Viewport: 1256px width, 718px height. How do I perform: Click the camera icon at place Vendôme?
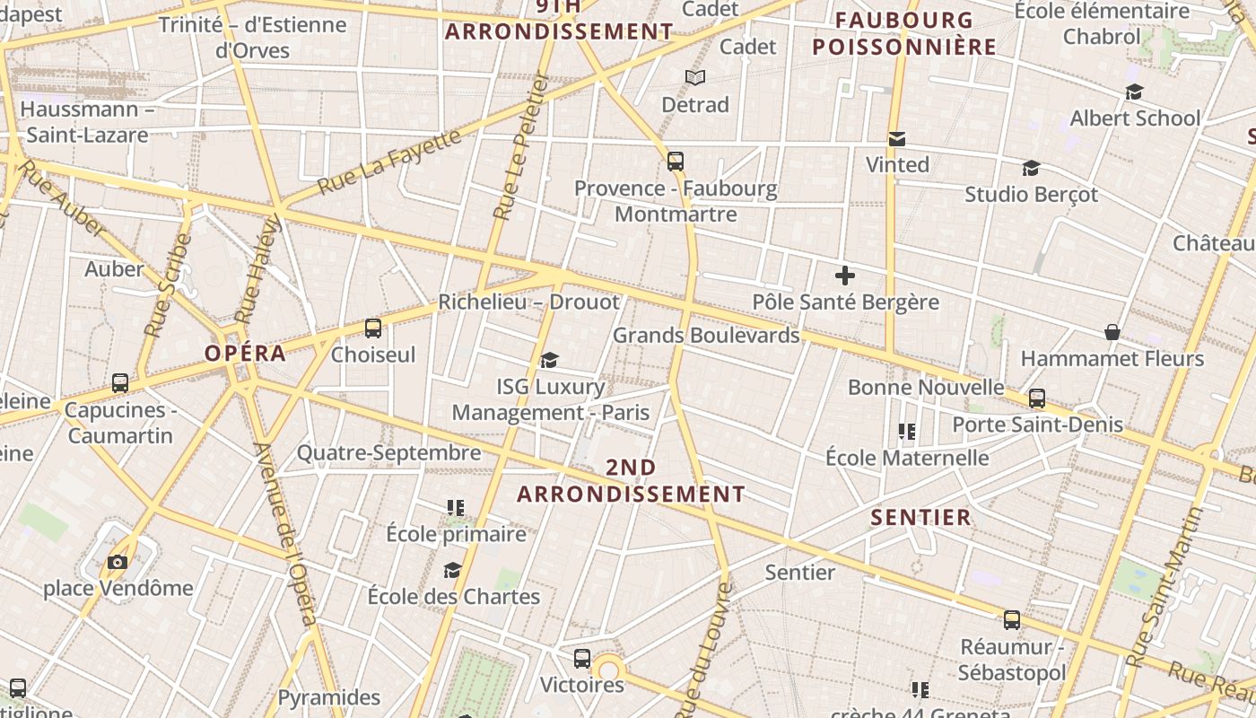(x=118, y=563)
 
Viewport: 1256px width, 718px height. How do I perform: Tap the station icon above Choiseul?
(x=373, y=328)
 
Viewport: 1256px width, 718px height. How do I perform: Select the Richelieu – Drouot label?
(x=528, y=302)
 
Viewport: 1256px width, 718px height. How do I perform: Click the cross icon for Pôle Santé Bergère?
(x=844, y=276)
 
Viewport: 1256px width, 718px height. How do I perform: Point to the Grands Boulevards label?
(x=705, y=336)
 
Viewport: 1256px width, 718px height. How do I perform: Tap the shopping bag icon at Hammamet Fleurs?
(x=1112, y=332)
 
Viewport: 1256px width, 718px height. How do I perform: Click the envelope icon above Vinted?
(x=896, y=139)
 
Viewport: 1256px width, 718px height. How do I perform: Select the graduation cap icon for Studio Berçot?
(x=1031, y=168)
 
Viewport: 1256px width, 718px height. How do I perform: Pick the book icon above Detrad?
(x=695, y=78)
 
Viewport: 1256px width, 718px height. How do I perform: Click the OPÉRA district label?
(x=245, y=353)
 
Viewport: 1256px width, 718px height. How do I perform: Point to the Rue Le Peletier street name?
(x=521, y=147)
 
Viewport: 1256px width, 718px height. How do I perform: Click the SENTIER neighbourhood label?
(x=920, y=517)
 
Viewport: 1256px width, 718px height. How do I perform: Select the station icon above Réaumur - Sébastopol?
(x=1012, y=620)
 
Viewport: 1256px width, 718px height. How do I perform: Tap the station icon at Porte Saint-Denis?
(x=1037, y=398)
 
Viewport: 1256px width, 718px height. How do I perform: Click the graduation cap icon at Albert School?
(x=1135, y=92)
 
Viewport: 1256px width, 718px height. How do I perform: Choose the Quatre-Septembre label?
(x=388, y=453)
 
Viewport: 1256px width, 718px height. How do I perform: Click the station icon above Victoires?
(x=582, y=659)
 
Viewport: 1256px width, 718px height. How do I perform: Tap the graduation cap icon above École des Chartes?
(x=453, y=571)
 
